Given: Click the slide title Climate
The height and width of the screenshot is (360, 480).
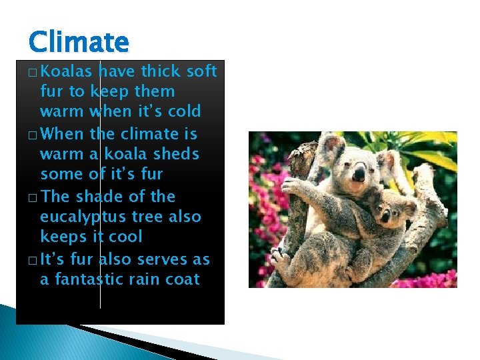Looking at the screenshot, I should coord(78,42).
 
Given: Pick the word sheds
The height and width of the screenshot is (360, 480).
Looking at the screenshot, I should coord(176,154).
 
